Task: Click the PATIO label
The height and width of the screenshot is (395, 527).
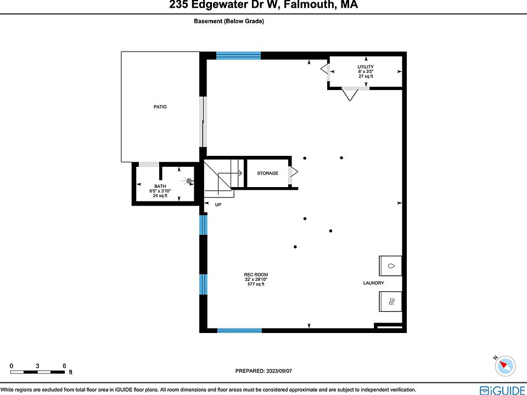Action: (160, 107)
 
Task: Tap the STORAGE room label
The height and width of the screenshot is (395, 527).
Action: (268, 173)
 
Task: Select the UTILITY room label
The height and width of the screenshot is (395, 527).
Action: (366, 67)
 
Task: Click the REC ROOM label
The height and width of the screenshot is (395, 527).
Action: (256, 275)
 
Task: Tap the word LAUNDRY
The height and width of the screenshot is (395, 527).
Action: (373, 283)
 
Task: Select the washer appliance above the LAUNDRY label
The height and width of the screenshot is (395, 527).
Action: (390, 266)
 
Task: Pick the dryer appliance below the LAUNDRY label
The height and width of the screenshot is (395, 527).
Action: (390, 301)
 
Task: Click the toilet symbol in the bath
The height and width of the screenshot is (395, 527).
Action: (189, 181)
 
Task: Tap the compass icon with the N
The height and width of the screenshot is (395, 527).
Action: (506, 365)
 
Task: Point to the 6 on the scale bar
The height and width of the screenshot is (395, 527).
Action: (64, 365)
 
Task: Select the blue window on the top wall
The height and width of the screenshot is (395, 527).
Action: (238, 55)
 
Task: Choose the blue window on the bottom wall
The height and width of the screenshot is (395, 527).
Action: (239, 330)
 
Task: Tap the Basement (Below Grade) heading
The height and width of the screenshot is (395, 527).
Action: (229, 21)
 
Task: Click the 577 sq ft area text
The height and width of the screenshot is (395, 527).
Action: (256, 284)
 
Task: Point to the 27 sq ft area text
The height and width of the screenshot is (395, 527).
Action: (366, 76)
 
